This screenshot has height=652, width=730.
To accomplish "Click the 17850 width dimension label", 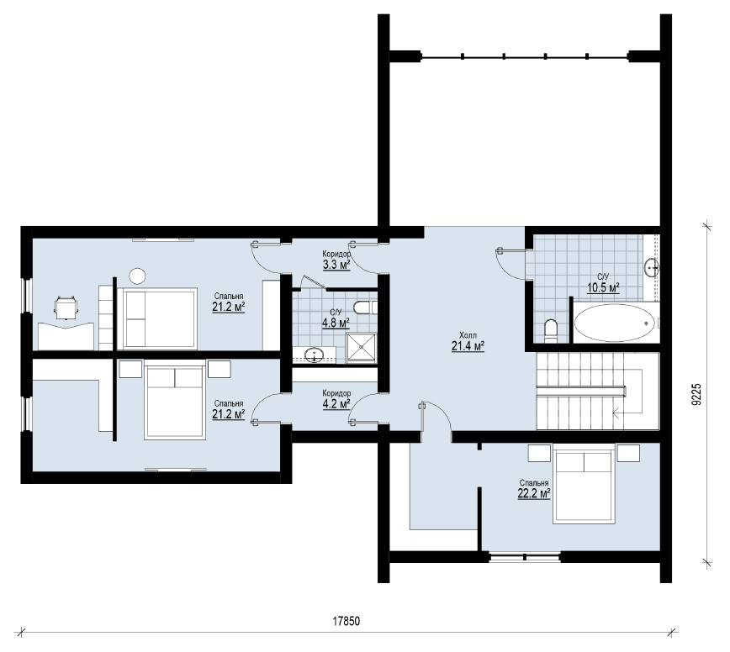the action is click(346, 621).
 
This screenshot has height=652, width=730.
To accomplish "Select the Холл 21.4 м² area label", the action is click(468, 341).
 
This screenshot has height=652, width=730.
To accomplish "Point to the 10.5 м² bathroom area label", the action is click(603, 288).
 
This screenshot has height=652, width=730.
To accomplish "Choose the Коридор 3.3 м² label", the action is click(336, 260).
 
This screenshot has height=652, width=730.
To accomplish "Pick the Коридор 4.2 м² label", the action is click(336, 399).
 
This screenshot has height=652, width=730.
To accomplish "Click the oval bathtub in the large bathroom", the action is click(614, 323).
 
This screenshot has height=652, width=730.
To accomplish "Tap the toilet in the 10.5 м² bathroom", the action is click(550, 329).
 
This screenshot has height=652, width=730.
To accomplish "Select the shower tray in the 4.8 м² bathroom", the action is click(362, 348).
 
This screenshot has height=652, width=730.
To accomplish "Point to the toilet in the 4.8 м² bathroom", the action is click(365, 308).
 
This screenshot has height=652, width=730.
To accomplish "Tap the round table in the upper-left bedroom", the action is click(137, 276).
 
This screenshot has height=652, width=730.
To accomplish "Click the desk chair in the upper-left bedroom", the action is click(66, 308).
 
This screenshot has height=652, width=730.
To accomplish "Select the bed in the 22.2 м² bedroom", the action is click(584, 484).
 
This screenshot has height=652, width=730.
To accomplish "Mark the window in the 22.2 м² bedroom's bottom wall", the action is click(525, 556).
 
